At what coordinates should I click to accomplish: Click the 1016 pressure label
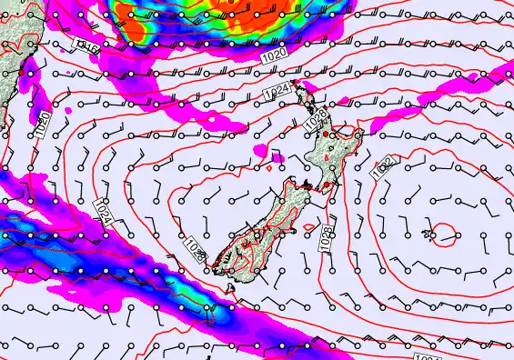(87, 45)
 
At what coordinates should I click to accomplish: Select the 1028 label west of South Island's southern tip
(195, 248)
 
